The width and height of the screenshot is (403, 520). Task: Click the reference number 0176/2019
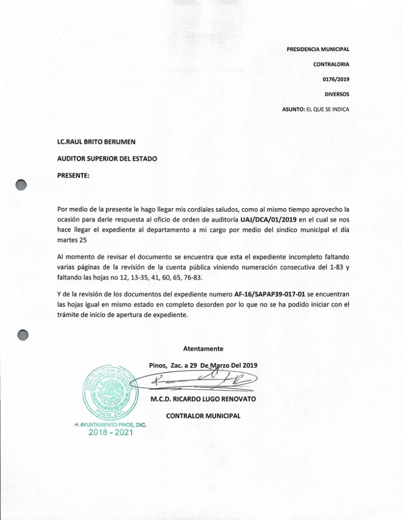336,79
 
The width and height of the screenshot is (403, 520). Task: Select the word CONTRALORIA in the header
331,64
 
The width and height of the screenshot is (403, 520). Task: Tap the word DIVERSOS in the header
337,94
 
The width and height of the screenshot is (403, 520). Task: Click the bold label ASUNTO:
293,110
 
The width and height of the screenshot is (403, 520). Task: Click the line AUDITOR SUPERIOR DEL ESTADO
107,158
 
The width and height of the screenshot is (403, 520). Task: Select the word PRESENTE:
74,175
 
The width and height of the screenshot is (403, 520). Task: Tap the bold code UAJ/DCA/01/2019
268,220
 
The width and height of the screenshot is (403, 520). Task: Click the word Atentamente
203,348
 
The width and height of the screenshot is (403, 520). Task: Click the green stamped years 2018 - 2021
110,433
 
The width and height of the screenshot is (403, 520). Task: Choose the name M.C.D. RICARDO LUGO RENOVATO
203,399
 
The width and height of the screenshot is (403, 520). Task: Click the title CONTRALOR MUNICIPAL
203,416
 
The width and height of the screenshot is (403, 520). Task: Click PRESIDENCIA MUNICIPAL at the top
318,49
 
